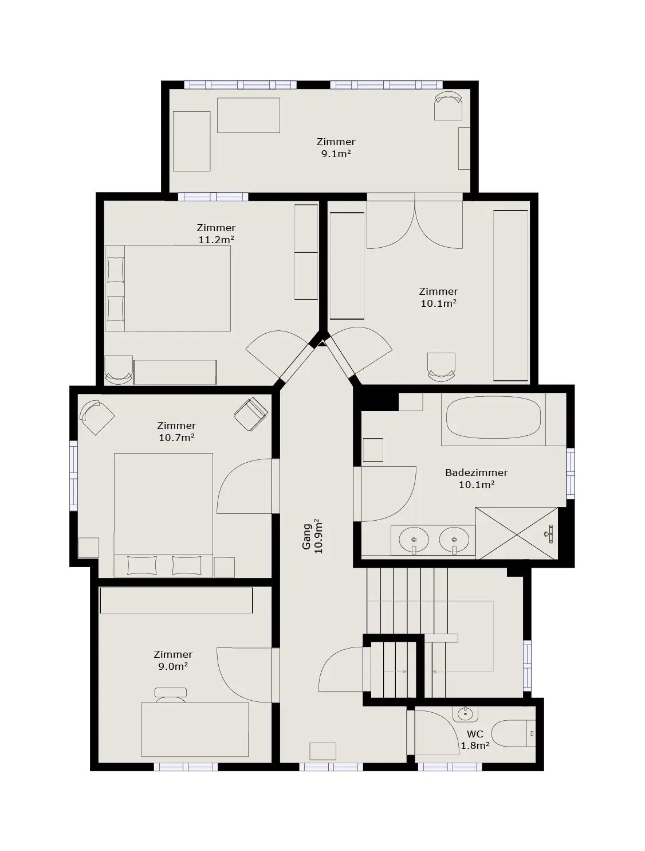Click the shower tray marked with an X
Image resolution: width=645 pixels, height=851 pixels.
pos(517,533)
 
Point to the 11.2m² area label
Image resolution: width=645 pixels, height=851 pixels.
pos(216,240)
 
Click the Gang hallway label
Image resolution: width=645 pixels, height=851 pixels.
pos(306,537)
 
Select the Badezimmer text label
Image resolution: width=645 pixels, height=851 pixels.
pos(476,472)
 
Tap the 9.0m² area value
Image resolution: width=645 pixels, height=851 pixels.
pos(172,666)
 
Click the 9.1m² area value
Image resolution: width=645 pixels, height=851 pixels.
pos(336,154)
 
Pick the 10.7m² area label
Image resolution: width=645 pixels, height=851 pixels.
pos(176,438)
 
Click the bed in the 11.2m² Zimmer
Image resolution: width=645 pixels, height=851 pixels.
pos(168,288)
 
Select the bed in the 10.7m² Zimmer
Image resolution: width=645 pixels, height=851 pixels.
pos(163,515)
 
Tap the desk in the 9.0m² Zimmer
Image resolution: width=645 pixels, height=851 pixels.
pos(195,729)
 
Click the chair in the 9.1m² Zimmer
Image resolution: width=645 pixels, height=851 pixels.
pos(448,106)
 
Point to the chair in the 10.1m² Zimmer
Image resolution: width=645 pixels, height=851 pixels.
pos(441,366)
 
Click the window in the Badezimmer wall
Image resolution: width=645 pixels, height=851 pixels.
pos(571,473)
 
